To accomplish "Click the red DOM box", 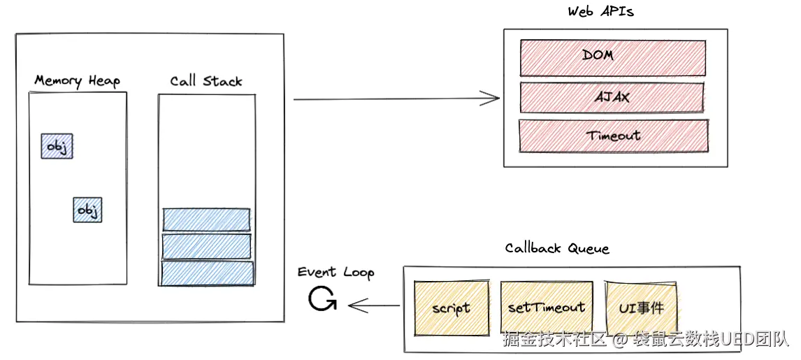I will tap(612, 57).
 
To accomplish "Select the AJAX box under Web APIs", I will tap(612, 97).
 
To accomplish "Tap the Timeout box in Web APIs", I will tap(613, 136).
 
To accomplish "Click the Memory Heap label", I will tap(77, 80).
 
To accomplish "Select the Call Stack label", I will tap(206, 81).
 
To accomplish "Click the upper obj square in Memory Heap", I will tap(57, 146).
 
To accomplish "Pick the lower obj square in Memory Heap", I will tap(88, 210).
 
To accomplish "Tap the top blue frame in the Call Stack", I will tap(206, 219).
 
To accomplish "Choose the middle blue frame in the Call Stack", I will tap(206, 246).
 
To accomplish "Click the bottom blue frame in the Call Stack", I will tap(207, 273).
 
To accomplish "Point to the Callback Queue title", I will tap(557, 248).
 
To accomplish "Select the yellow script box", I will tap(451, 308).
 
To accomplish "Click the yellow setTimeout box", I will tap(547, 307).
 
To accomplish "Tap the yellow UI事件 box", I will tap(642, 307).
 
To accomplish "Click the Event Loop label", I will tap(335, 273).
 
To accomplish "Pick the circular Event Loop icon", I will tap(322, 300).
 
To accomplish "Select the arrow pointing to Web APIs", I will tap(396, 99).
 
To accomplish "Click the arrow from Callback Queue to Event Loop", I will tap(374, 305).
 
